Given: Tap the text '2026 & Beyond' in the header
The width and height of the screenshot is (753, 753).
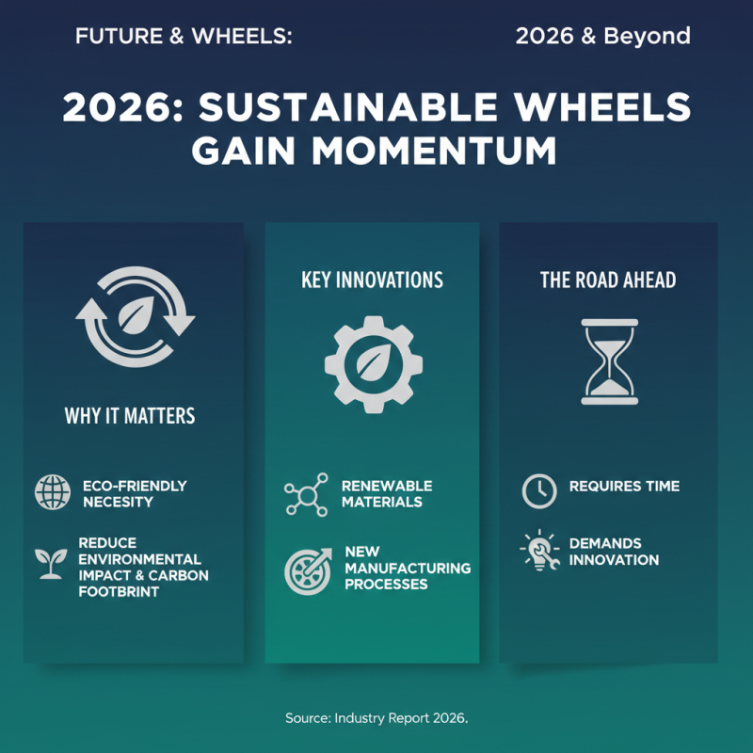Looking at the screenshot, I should point(602,37).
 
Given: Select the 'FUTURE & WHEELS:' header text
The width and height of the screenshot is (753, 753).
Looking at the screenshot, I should point(184,37).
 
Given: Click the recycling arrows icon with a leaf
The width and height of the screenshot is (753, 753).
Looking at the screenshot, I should point(135,315).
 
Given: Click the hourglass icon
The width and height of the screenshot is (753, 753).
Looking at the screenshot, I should point(609,361).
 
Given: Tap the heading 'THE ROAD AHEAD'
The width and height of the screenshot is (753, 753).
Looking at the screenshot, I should point(608,280).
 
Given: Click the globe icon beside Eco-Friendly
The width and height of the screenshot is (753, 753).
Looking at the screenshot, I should point(52,492).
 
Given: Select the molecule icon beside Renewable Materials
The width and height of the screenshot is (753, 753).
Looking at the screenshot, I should point(305,494).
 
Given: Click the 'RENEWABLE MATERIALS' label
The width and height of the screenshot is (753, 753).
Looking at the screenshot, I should point(386,493).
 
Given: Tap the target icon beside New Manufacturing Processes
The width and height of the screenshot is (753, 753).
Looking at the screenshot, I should point(307,570).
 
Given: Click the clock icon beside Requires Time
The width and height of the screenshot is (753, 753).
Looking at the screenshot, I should point(539,490).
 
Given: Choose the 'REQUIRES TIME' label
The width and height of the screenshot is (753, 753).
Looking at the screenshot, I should point(624,487).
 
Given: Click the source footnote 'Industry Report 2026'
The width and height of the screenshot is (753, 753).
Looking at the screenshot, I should point(401,718).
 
